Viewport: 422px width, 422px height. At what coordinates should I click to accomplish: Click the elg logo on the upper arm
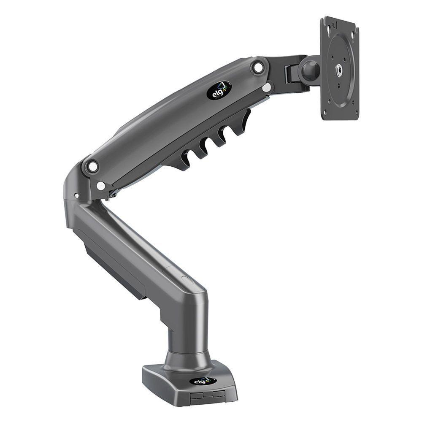(x=219, y=90)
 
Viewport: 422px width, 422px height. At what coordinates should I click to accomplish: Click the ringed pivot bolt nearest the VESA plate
(x=258, y=67)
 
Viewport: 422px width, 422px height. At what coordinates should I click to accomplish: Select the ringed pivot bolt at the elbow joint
(x=92, y=166)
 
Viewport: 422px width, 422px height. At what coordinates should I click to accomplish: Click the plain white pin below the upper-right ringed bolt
(x=266, y=87)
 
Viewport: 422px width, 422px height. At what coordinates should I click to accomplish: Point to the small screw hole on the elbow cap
(x=76, y=195)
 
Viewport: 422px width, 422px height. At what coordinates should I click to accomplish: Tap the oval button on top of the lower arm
(x=186, y=279)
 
